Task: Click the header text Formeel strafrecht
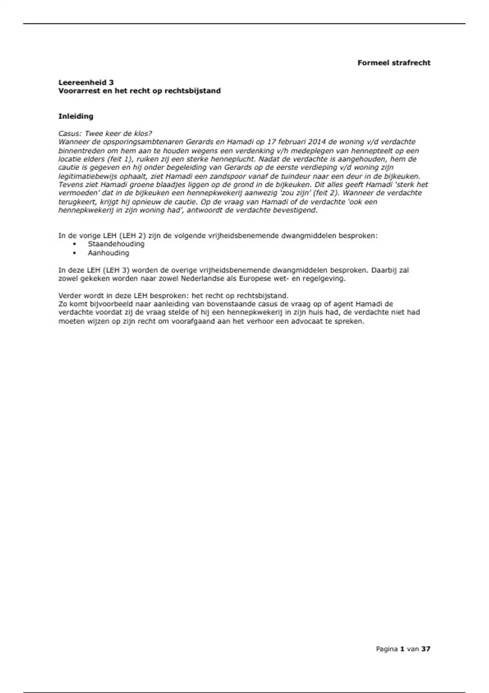pyautogui.click(x=394, y=63)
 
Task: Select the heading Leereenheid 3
pyautogui.click(x=86, y=82)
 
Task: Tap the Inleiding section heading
pyautogui.click(x=76, y=116)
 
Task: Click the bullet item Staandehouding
pyautogui.click(x=116, y=244)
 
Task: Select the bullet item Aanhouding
pyautogui.click(x=108, y=253)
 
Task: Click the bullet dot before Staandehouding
pyautogui.click(x=74, y=244)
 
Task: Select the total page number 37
pyautogui.click(x=426, y=649)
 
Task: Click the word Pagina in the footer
pyautogui.click(x=387, y=649)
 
